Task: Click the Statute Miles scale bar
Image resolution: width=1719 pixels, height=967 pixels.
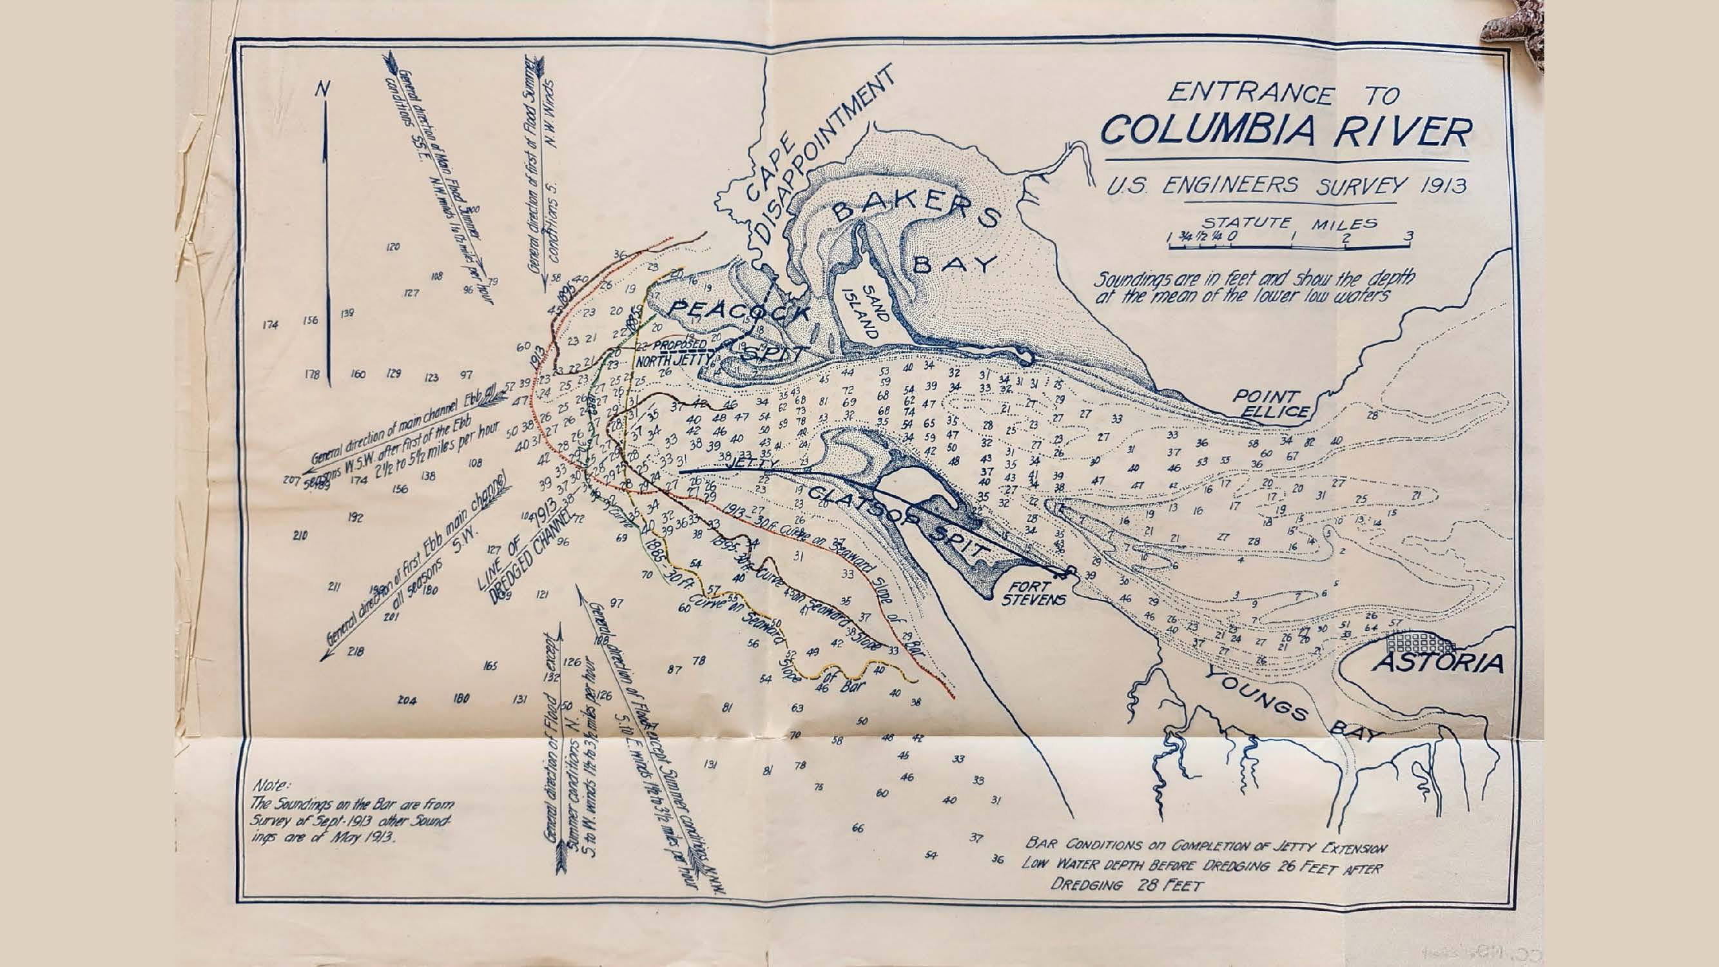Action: tap(1289, 247)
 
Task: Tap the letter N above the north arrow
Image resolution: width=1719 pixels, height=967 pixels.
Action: tap(323, 89)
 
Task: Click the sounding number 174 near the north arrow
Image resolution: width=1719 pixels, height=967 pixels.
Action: tap(269, 325)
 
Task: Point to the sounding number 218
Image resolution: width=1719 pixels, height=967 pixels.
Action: tap(356, 651)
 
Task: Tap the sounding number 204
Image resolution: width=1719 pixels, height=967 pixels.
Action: tap(407, 700)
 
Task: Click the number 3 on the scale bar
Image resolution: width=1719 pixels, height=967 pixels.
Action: tap(1408, 235)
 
